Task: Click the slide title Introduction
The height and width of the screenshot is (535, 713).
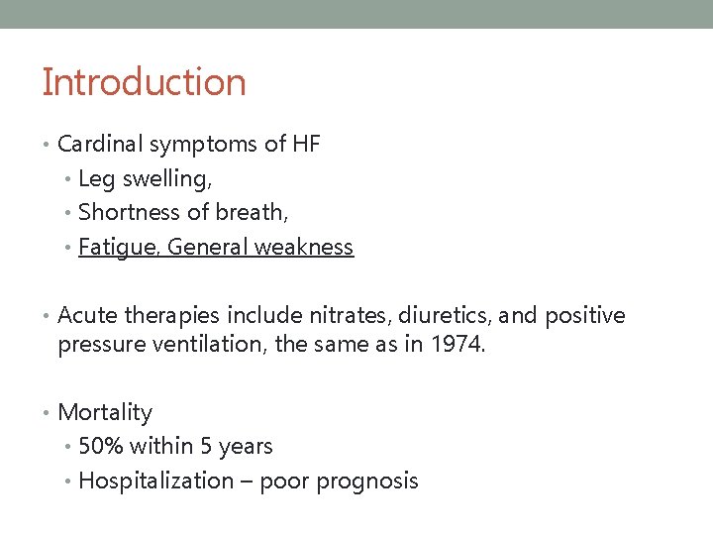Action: point(144,82)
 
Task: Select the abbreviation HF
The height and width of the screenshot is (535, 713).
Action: point(306,145)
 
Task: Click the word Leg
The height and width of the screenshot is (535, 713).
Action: point(95,180)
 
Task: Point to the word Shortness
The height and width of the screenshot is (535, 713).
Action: point(125,213)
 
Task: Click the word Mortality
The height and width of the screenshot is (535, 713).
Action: point(105,413)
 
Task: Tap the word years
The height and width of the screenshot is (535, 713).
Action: point(245,448)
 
